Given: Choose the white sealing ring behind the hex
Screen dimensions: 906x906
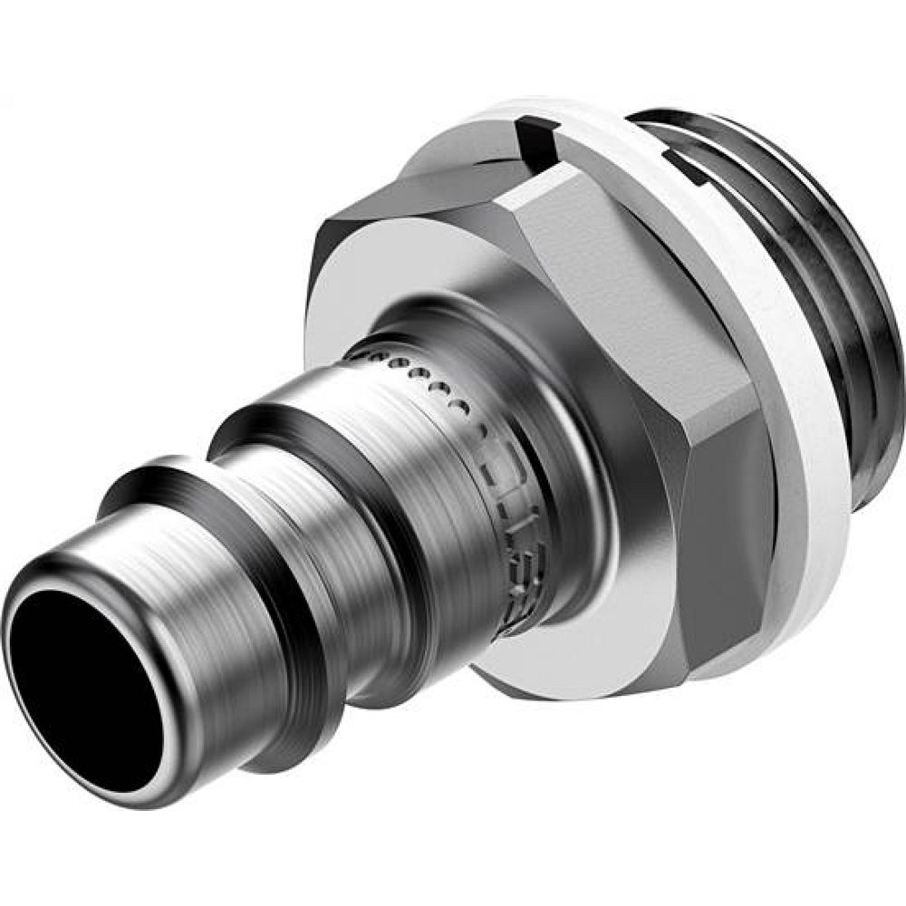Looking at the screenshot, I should click(815, 381).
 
